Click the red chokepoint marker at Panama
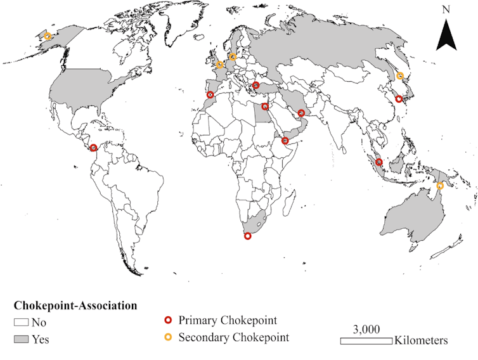94,148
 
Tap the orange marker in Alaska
47,37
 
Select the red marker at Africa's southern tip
248,236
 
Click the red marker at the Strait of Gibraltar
210,95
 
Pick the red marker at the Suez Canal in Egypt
264,107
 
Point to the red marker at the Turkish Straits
256,86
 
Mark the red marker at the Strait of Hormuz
302,113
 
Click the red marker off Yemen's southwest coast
286,141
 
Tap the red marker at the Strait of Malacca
378,162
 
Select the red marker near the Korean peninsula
398,99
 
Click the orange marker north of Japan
400,76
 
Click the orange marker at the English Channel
220,65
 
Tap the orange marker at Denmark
233,56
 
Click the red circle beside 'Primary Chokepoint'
169,321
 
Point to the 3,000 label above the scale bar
366,329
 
